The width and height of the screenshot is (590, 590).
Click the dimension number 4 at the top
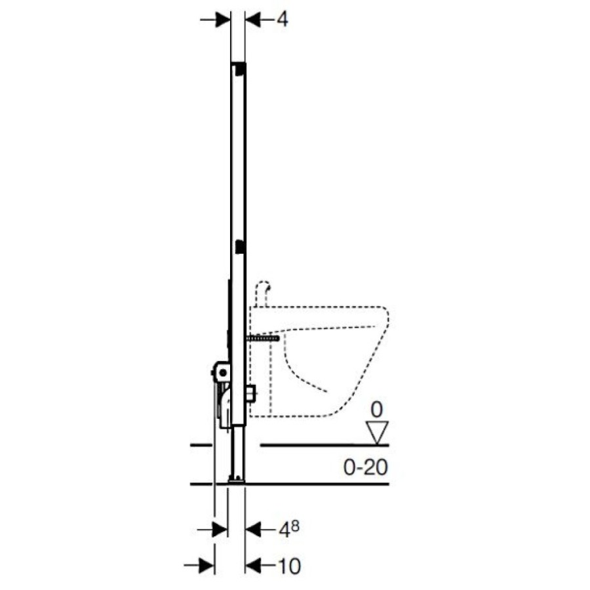pyautogui.click(x=282, y=19)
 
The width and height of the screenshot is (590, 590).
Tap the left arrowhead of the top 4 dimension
pyautogui.click(x=222, y=19)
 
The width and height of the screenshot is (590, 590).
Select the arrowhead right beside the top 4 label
pyautogui.click(x=253, y=19)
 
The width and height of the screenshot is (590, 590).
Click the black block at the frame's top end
pyautogui.click(x=240, y=69)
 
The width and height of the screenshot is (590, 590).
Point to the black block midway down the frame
pyautogui.click(x=240, y=246)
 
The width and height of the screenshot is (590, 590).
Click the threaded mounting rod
pyautogui.click(x=263, y=338)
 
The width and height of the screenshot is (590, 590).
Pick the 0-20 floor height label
pyautogui.click(x=365, y=467)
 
